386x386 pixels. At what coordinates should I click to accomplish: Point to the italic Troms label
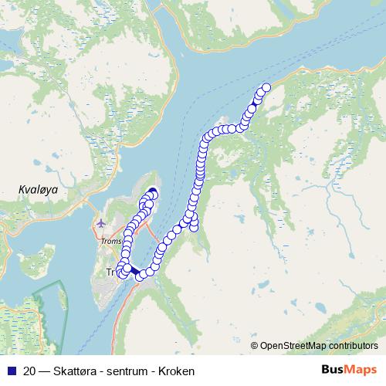[x=111, y=242]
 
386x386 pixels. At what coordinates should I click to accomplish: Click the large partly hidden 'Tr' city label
[x=110, y=273]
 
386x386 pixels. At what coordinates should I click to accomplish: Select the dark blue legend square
[x=8, y=371]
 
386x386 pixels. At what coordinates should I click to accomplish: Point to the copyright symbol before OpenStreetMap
[x=254, y=346]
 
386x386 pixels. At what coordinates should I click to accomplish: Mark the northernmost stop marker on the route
[x=266, y=87]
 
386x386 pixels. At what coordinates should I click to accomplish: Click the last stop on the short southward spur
[x=194, y=225]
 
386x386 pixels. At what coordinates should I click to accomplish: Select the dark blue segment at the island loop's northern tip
[x=151, y=191]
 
